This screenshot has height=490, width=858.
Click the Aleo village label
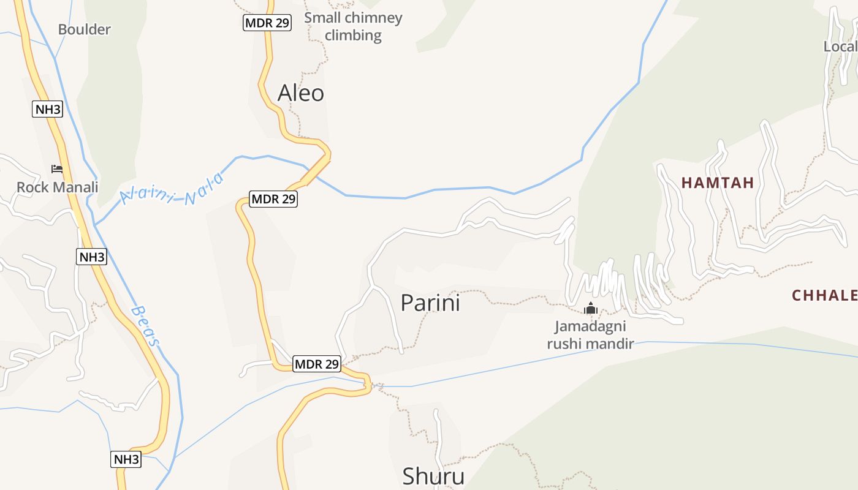click(x=300, y=93)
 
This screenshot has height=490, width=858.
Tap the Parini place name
click(x=430, y=303)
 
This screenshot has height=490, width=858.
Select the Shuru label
click(x=433, y=476)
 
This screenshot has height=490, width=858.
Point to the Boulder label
click(x=85, y=29)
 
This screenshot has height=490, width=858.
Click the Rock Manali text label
click(x=57, y=187)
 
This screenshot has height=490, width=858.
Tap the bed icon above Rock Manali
click(x=57, y=169)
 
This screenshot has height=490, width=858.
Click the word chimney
click(x=373, y=18)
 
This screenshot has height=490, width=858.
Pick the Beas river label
click(x=146, y=326)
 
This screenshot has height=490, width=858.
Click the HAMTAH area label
click(x=718, y=183)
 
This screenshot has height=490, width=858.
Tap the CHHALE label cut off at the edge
click(x=824, y=296)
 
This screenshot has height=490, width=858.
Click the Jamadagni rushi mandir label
click(x=590, y=334)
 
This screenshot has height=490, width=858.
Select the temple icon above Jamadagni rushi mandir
click(x=590, y=308)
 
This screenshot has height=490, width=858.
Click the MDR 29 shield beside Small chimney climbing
click(x=267, y=23)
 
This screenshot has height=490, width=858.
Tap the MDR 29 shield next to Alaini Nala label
click(x=273, y=199)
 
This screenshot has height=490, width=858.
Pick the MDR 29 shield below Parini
click(x=316, y=364)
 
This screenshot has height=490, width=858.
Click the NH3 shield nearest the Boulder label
click(x=48, y=110)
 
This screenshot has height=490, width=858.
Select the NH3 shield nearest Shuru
click(x=126, y=459)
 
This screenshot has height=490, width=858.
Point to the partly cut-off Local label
click(x=840, y=47)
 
